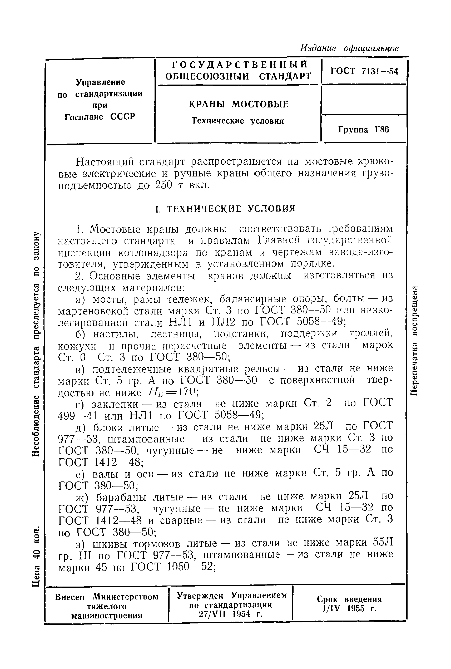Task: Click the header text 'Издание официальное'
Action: (x=349, y=48)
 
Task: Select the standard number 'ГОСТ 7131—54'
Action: (x=364, y=71)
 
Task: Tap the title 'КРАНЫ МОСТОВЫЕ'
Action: (x=239, y=104)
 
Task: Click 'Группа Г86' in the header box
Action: (x=363, y=130)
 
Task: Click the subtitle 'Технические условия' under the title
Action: (x=237, y=121)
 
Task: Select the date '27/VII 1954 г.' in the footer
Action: (x=231, y=614)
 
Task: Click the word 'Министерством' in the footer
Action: (x=126, y=597)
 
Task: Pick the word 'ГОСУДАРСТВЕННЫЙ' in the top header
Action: (x=237, y=64)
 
